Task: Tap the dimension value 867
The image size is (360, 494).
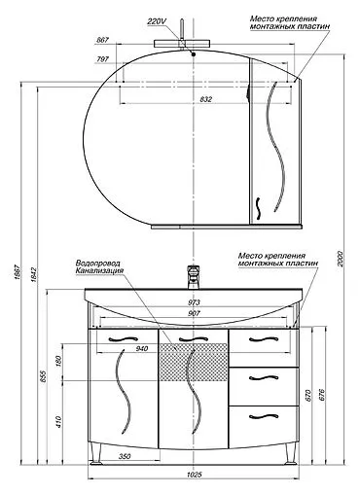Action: pos(103,39)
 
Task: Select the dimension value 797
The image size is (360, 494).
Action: pos(103,57)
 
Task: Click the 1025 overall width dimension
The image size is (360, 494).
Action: pos(193,474)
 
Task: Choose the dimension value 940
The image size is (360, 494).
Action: pos(141,348)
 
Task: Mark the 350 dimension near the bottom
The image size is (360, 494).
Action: pos(125,455)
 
